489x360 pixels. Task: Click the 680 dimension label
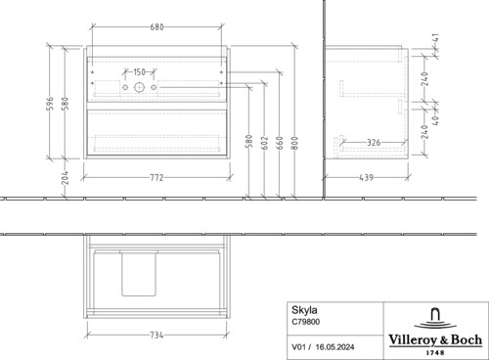[156, 27]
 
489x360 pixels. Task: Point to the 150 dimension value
[139, 71]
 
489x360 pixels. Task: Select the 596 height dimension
[51, 104]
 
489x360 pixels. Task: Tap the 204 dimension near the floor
[66, 178]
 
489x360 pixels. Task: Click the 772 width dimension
[156, 178]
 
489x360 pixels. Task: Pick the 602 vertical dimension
[265, 143]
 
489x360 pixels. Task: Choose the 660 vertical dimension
[280, 143]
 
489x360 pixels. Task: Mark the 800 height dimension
[294, 143]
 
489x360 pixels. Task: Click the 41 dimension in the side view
[436, 37]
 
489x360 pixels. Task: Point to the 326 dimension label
[374, 143]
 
